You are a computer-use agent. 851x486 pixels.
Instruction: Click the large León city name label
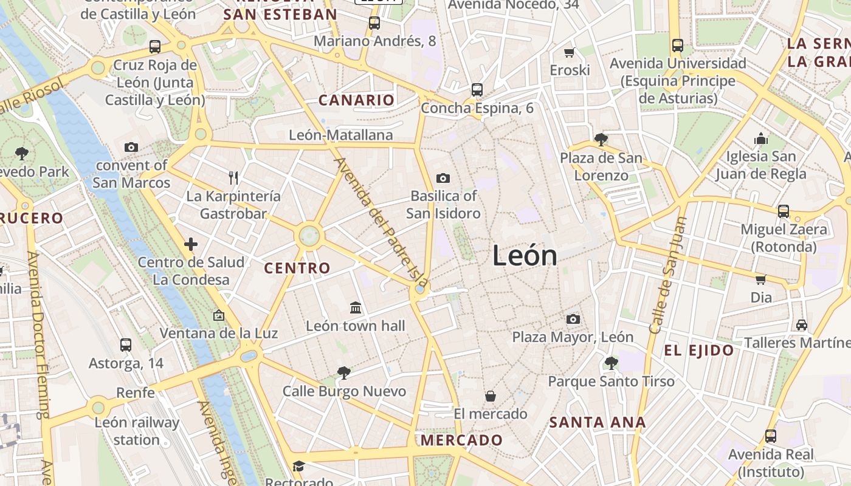pos(525,256)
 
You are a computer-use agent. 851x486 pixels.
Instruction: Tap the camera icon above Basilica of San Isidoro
pos(443,178)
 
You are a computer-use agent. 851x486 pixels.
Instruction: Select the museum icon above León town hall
pos(356,308)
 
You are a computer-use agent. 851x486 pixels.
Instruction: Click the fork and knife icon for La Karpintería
pos(233,177)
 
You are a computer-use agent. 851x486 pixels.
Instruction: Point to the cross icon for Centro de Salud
pos(191,244)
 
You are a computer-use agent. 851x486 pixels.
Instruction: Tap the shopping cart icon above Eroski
pos(570,53)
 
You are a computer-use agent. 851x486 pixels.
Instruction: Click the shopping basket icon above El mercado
pos(491,397)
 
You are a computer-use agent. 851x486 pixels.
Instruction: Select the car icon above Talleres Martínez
pos(802,325)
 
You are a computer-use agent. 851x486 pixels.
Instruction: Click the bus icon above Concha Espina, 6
pos(477,90)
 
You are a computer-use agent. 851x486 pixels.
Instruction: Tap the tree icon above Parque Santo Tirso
pos(611,363)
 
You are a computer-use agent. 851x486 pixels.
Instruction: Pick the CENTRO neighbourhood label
pos(297,268)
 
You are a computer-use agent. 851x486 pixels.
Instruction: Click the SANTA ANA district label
pos(598,422)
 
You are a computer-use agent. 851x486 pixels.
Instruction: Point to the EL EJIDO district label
pos(699,350)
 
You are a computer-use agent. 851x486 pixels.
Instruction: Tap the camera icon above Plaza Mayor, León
pos(573,319)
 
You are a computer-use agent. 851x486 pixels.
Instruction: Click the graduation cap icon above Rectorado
pos(298,466)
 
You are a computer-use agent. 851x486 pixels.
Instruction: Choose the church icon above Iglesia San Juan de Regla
pos(760,139)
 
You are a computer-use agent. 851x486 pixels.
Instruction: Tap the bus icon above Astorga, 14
pos(126,345)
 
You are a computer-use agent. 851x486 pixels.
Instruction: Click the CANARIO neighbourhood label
pos(356,100)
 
